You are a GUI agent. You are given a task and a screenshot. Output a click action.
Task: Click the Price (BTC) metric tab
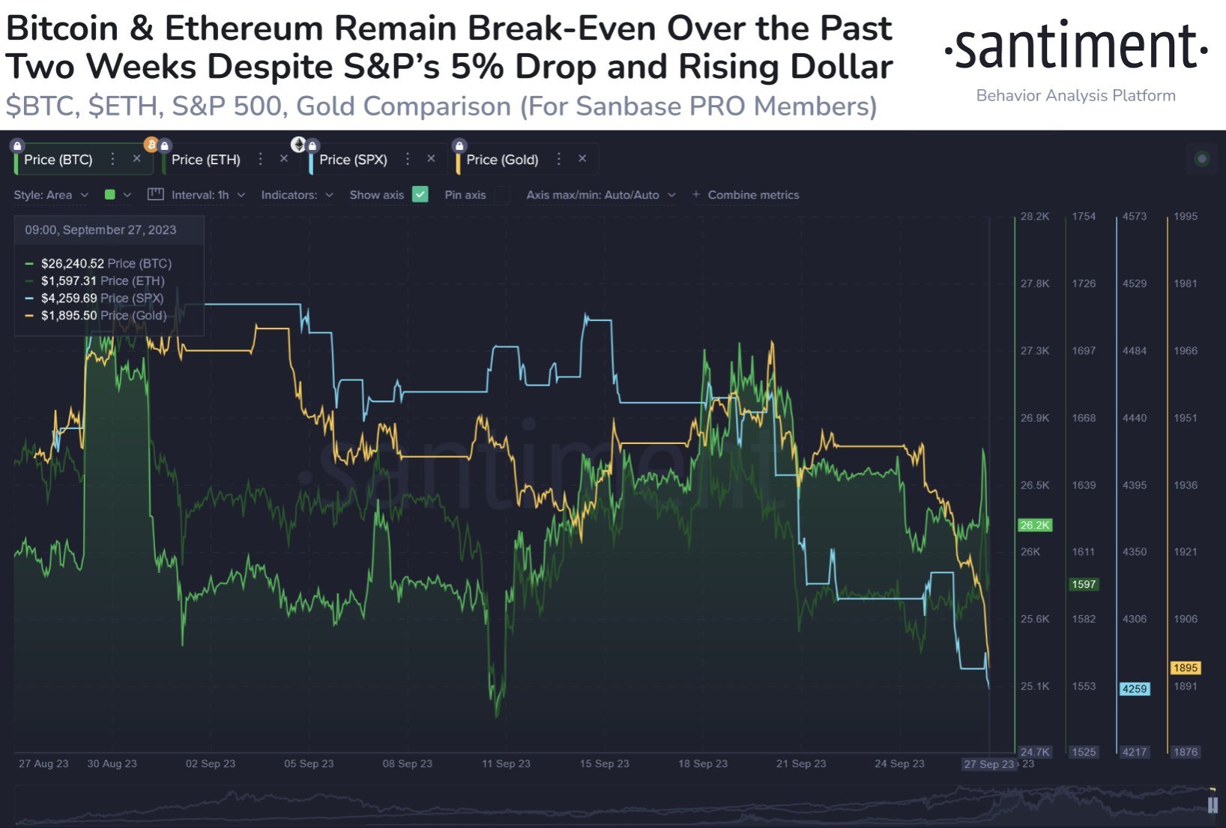coord(58,160)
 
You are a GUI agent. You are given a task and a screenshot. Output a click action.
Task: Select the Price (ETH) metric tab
coord(206,160)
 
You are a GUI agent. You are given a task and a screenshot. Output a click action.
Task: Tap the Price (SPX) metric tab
coord(353,160)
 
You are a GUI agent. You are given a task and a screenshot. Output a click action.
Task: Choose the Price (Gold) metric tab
coord(502,160)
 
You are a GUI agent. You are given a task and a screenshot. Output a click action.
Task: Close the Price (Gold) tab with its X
coord(582,159)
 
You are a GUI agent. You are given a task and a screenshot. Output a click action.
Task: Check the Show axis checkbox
coord(420,195)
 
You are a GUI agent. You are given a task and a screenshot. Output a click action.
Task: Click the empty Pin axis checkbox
coord(502,195)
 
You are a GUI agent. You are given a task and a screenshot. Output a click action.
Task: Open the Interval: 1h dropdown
coord(199,195)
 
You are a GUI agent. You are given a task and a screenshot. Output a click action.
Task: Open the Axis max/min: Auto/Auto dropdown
coord(600,195)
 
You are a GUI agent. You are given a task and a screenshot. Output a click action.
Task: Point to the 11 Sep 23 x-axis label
coord(506,763)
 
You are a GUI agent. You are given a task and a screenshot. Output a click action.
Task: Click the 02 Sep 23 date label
coord(211,763)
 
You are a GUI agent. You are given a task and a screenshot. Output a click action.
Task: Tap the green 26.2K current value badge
coord(1035,525)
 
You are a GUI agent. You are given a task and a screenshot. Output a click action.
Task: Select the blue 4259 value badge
coord(1135,688)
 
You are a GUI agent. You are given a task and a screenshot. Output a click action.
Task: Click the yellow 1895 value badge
coord(1186,667)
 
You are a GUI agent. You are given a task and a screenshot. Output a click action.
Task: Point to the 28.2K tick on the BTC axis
coord(1035,216)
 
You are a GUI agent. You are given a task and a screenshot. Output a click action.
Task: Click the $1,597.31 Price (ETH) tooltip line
coord(103,280)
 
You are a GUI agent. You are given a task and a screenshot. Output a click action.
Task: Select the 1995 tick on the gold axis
coord(1186,216)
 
